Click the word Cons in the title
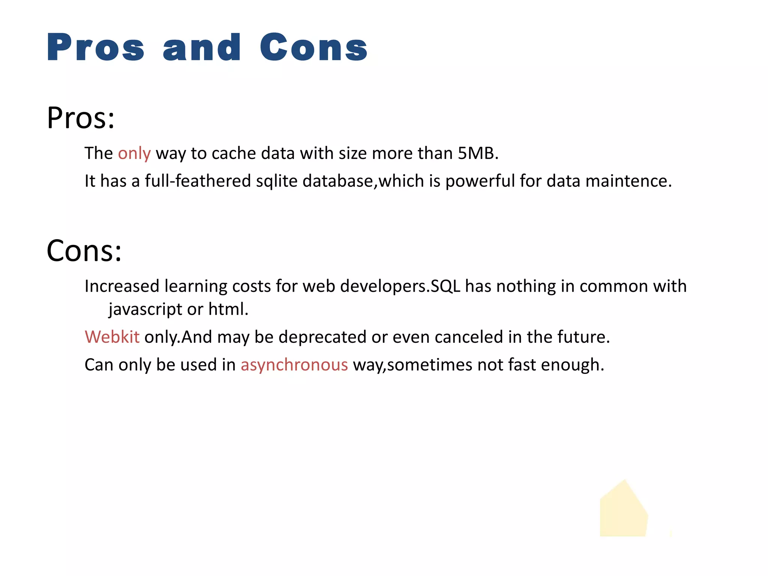[x=313, y=47]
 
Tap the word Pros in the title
[x=96, y=47]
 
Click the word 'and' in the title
[x=202, y=47]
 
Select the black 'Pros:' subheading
[x=81, y=118]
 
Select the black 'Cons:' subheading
[x=84, y=250]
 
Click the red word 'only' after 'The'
[x=134, y=153]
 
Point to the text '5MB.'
[x=478, y=153]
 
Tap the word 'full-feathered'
[x=198, y=181]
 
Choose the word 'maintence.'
[x=628, y=181]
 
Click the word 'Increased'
[x=122, y=286]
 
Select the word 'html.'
[x=228, y=309]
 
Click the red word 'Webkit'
[x=112, y=337]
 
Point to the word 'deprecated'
[x=322, y=337]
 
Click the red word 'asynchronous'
[x=294, y=365]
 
